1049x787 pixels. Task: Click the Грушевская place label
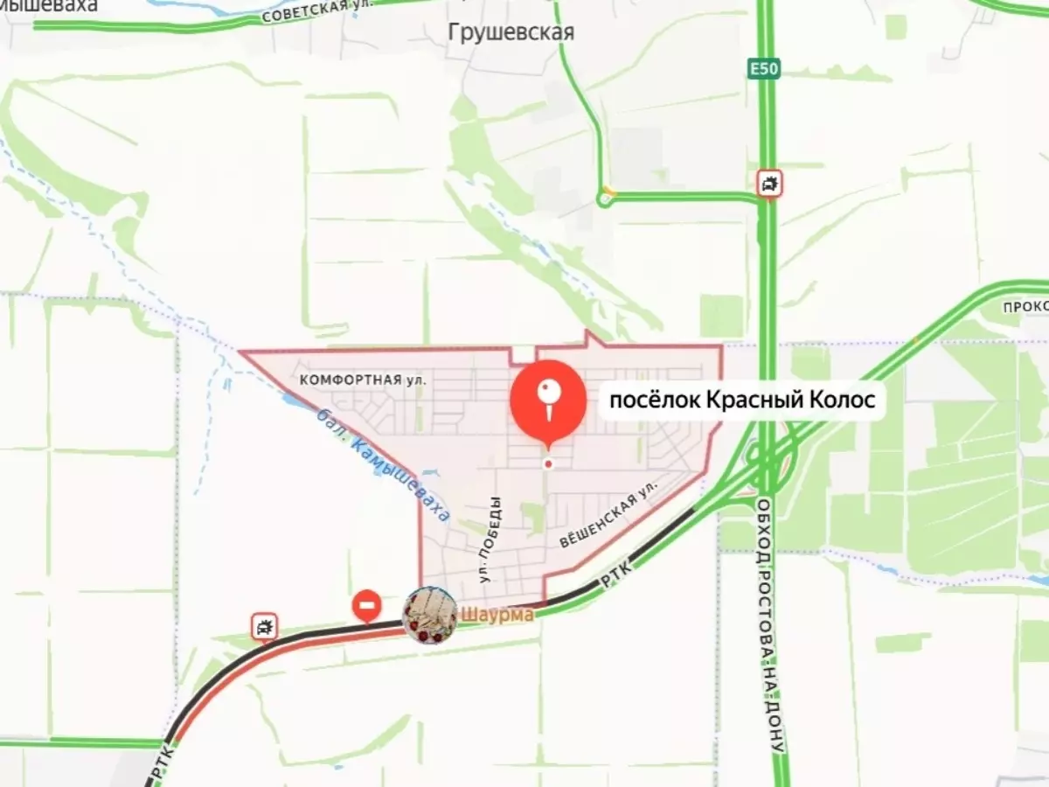point(511,33)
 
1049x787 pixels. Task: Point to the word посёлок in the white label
point(649,400)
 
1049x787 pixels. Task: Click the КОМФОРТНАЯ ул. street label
point(362,380)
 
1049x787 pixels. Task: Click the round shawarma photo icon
point(430,615)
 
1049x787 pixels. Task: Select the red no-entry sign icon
point(366,604)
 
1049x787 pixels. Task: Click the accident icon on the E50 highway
point(769,184)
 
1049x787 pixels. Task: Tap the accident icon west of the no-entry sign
point(263,626)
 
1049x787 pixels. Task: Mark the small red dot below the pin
point(548,464)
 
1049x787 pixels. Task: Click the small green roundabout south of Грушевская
point(604,199)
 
